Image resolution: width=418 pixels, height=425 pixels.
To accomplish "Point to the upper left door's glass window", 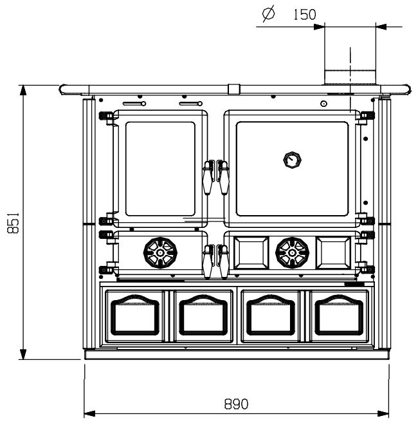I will click(159, 169).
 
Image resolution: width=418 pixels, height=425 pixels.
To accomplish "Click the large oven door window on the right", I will click(293, 169).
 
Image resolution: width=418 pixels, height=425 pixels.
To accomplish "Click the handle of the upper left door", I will click(208, 176).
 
